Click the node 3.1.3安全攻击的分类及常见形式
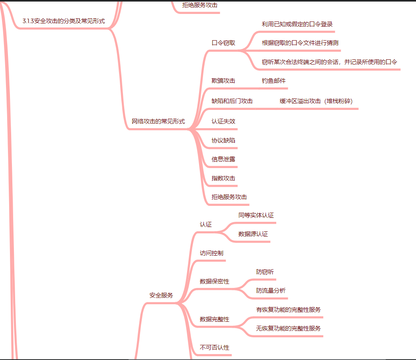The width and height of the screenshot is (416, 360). (x=64, y=21)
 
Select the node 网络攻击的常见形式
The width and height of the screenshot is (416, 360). (x=158, y=121)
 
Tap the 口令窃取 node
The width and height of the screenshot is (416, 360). (x=223, y=43)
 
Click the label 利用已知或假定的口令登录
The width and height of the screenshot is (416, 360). (x=297, y=24)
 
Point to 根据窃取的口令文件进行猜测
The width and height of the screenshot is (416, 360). (x=300, y=43)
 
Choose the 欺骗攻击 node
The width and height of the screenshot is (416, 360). (x=223, y=81)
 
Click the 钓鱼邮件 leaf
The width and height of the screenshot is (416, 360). (x=273, y=81)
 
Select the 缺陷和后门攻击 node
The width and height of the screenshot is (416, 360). (x=232, y=101)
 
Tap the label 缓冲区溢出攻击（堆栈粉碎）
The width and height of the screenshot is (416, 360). (x=316, y=101)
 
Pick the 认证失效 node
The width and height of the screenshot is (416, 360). (x=223, y=121)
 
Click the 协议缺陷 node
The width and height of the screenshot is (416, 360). (x=223, y=141)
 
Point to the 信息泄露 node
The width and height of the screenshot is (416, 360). (x=223, y=159)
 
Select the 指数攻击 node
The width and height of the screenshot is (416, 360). (x=223, y=178)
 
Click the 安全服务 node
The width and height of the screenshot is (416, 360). (x=161, y=295)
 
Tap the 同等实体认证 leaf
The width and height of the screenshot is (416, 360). (x=256, y=215)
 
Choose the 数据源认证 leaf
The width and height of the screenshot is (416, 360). (x=253, y=234)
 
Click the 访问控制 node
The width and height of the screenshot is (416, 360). (x=211, y=253)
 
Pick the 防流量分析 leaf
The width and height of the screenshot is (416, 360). (x=271, y=291)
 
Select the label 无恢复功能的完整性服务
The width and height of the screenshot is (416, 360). (x=288, y=329)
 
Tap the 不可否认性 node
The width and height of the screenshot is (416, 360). (x=215, y=348)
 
